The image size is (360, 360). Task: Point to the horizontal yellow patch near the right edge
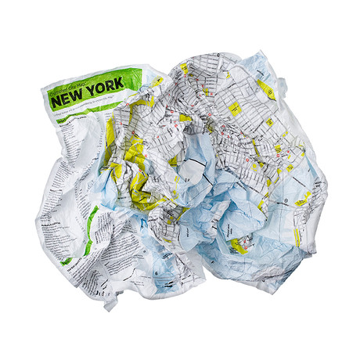pyautogui.click(x=304, y=196)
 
